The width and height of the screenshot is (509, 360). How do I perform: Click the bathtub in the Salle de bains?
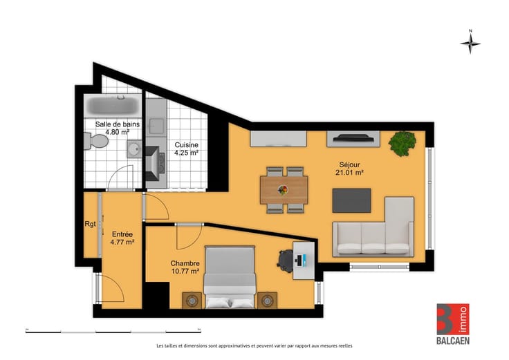[x=113, y=106]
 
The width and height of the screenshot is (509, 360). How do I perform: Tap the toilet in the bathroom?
[x=96, y=141]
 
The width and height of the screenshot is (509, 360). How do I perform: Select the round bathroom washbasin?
[x=134, y=149]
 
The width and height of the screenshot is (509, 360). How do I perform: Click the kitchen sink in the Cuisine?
[x=157, y=126]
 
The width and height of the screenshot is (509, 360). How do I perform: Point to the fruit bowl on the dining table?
[x=283, y=190]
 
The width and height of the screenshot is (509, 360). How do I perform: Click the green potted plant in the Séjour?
[x=402, y=143]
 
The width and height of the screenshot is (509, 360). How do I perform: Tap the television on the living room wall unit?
[x=353, y=138]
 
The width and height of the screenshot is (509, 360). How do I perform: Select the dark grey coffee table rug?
[x=351, y=200]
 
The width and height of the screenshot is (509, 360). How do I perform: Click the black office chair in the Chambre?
[x=286, y=260]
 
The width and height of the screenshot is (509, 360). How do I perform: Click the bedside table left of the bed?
[x=192, y=301]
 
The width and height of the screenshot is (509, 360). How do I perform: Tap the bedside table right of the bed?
[x=267, y=301]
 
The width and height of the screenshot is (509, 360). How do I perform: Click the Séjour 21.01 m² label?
[x=349, y=169]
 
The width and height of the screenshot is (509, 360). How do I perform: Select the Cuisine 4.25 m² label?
[x=186, y=149]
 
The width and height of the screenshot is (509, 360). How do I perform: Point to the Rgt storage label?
[x=90, y=224]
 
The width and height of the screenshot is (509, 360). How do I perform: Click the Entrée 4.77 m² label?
[x=122, y=238]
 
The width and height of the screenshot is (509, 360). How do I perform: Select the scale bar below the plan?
[x=113, y=332]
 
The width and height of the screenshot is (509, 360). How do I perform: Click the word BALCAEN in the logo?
[x=453, y=341]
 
